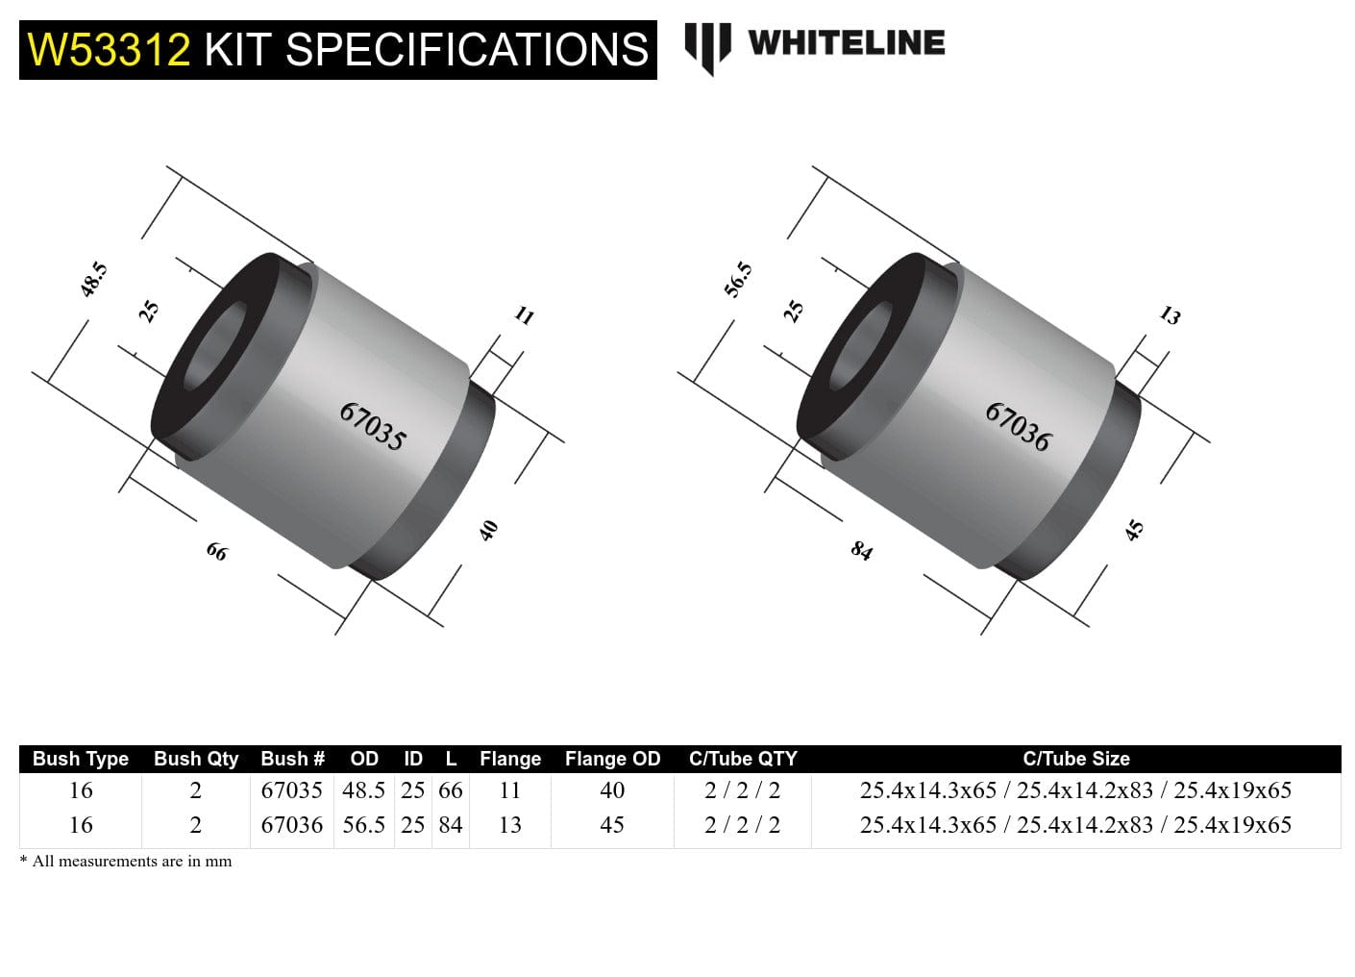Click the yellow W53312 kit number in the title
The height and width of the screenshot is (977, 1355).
109,49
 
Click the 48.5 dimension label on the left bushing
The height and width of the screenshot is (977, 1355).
93,280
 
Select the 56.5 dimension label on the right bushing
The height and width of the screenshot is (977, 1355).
738,280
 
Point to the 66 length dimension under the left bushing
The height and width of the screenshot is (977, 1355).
217,551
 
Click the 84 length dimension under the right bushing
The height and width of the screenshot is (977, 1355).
862,550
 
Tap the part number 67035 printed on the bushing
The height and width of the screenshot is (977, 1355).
373,426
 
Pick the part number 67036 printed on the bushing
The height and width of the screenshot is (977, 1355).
1019,426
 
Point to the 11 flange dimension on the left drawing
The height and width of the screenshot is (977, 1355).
524,315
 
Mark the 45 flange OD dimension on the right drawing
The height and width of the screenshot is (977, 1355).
1135,530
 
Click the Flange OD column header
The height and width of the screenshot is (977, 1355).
612,759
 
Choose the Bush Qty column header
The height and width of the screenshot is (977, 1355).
195,759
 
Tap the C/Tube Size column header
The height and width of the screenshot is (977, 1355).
1075,759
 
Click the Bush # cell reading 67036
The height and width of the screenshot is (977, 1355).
291,825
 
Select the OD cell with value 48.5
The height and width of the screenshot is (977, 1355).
363,790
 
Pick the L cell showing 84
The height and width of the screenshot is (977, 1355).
450,825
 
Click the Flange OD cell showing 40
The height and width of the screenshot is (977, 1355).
612,790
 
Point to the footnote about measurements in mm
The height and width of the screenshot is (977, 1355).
126,862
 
